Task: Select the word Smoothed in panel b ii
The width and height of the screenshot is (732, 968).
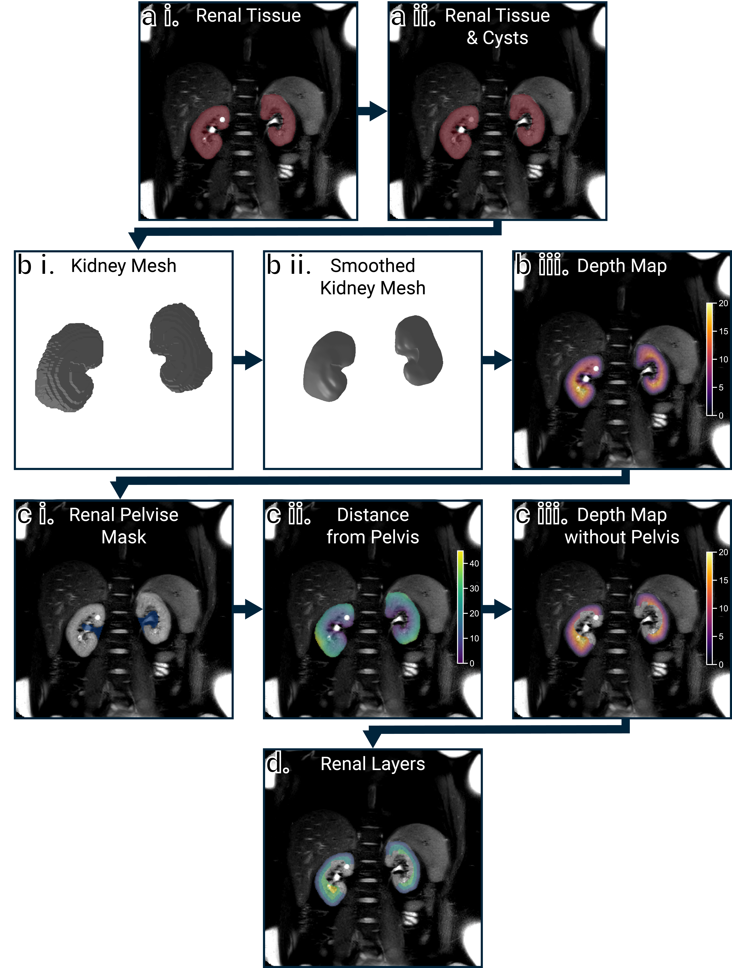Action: click(373, 266)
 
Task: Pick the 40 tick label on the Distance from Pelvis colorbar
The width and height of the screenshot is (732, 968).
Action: click(474, 564)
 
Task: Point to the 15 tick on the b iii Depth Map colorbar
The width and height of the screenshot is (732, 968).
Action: click(723, 331)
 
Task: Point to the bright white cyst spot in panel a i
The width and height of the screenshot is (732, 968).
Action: click(222, 119)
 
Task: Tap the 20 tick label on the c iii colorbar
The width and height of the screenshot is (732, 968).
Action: click(723, 552)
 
